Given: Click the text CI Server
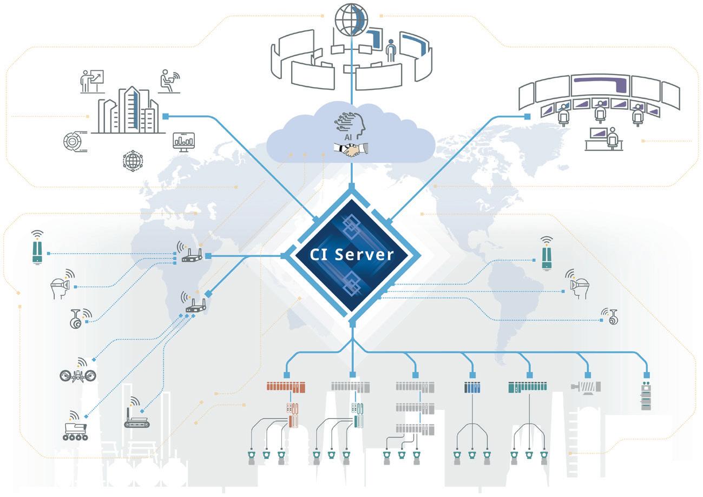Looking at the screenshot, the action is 352,254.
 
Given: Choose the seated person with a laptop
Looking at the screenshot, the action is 169,81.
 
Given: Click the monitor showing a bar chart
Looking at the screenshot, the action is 183,141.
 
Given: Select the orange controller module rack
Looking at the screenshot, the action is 286,387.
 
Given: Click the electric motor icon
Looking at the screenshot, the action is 586,387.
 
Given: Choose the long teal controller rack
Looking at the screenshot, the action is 528,387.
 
